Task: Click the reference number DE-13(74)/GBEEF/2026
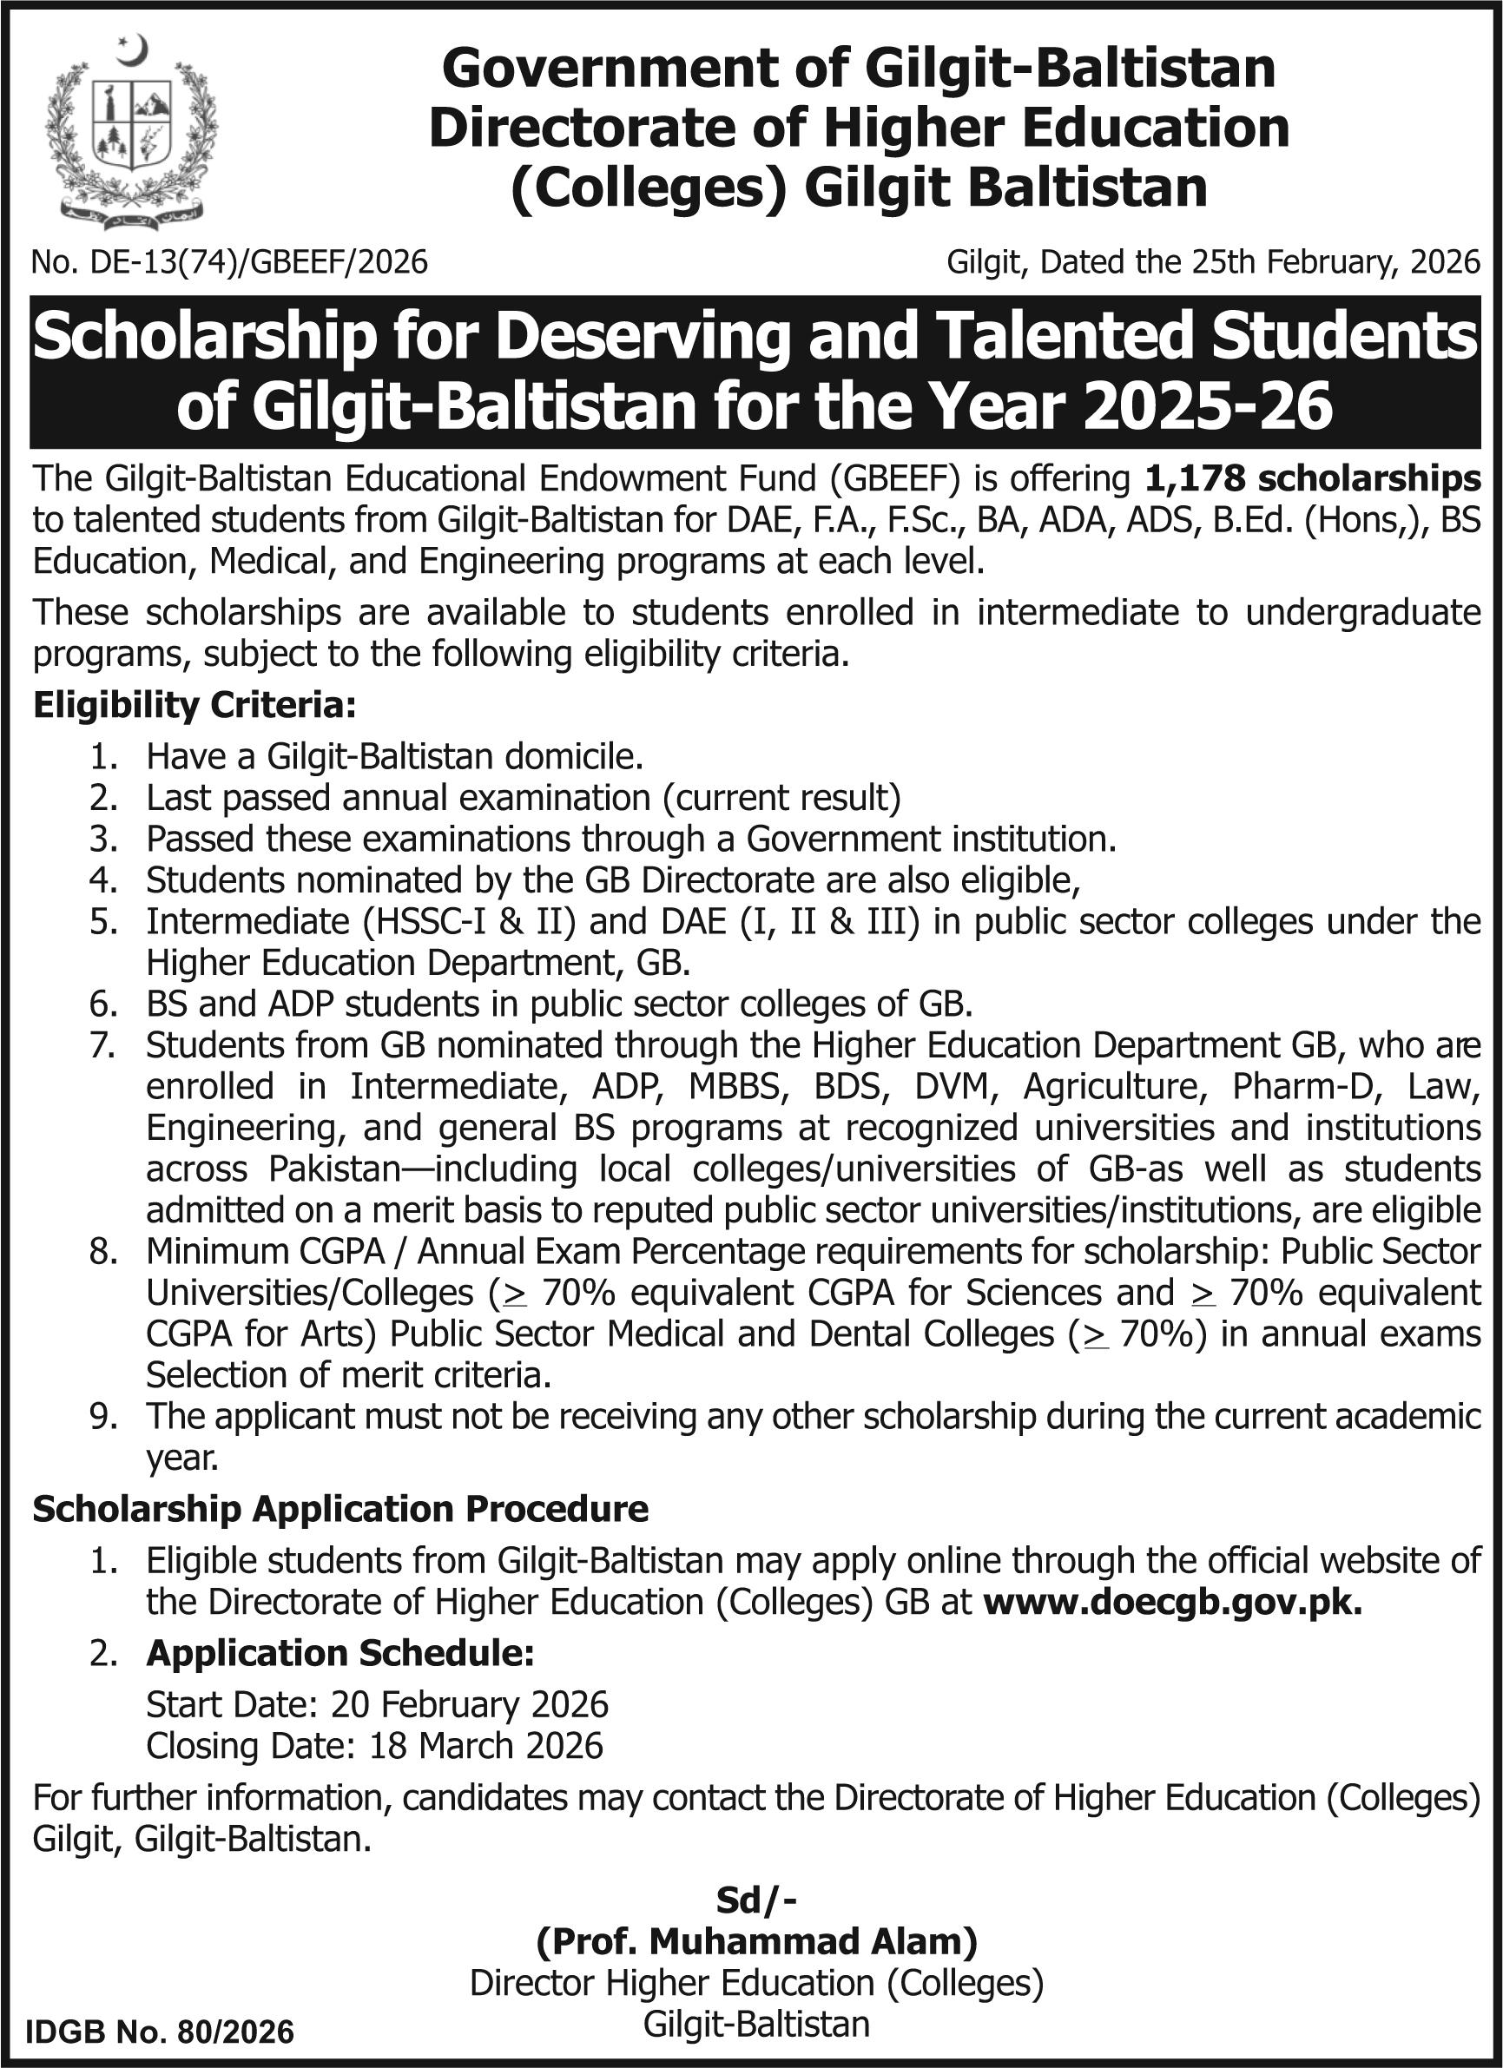pos(229,262)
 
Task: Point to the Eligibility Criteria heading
pos(194,705)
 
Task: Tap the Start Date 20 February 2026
pos(377,1704)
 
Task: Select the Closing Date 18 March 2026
pos(375,1745)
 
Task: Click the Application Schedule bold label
pos(340,1652)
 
